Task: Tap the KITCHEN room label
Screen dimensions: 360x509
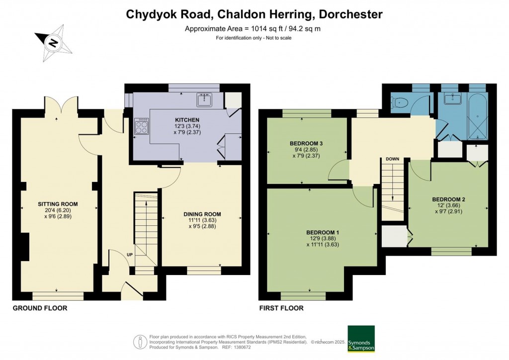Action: tap(187, 120)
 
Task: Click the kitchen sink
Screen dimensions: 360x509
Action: tap(205, 100)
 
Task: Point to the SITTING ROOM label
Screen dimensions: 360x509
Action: tap(58, 204)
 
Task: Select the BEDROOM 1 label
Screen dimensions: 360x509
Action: tap(323, 233)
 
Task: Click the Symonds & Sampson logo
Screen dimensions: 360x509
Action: tap(361, 338)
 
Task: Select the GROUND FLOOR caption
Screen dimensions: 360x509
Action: tap(39, 308)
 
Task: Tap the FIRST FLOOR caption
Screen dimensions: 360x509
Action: tap(281, 308)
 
